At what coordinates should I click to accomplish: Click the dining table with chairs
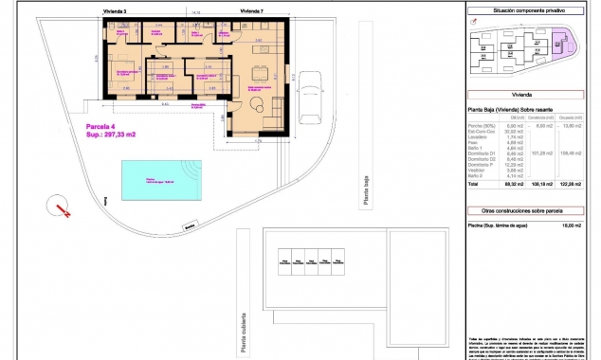coord(257,70)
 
